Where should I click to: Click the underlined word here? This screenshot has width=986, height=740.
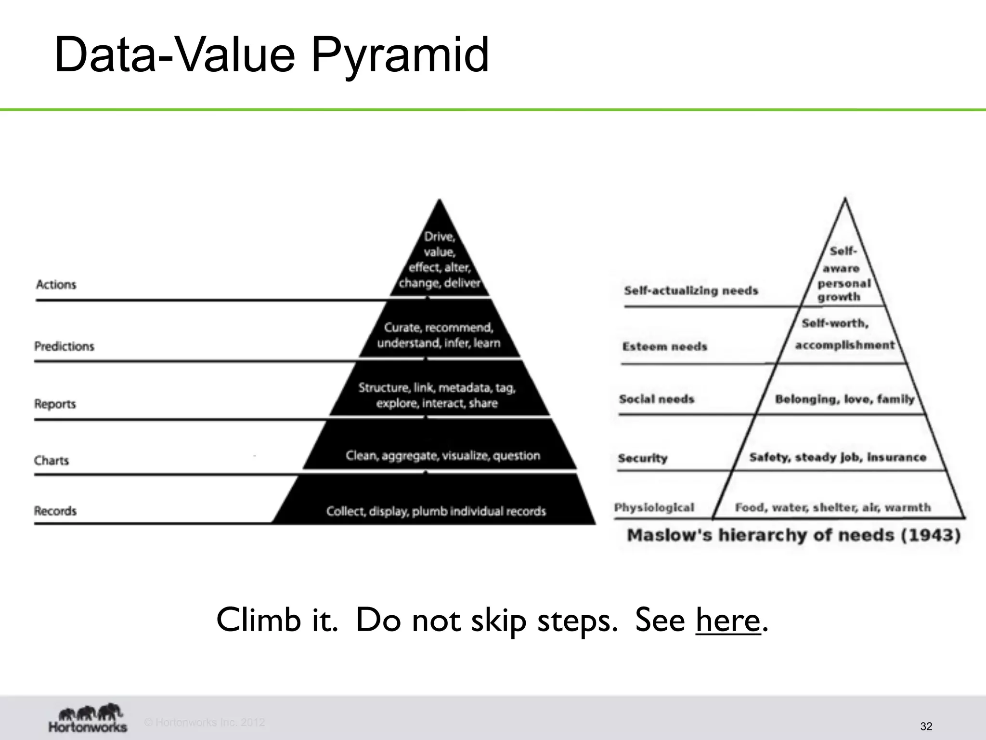click(x=727, y=620)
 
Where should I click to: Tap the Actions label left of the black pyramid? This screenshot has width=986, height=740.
click(x=56, y=285)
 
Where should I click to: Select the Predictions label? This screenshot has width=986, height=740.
click(x=64, y=346)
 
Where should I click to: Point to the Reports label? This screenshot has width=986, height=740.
click(x=55, y=404)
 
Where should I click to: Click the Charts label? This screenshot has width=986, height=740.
click(x=51, y=461)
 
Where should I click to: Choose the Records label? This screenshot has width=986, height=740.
click(x=55, y=511)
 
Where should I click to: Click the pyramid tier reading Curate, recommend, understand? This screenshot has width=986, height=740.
click(x=439, y=335)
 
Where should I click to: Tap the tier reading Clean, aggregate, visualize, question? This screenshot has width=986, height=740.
click(x=442, y=455)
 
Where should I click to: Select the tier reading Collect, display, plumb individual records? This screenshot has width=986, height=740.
click(x=436, y=511)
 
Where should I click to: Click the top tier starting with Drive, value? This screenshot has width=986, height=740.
click(x=439, y=260)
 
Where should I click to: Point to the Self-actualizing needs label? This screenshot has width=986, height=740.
click(x=691, y=291)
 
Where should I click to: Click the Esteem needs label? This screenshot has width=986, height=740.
click(x=664, y=346)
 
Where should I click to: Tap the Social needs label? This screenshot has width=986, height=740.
click(x=657, y=399)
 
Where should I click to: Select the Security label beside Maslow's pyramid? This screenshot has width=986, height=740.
click(x=643, y=458)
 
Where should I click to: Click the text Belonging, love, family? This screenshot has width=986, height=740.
click(x=844, y=399)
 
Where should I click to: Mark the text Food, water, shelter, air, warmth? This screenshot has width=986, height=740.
click(x=832, y=507)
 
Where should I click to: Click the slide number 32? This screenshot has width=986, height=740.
click(x=926, y=727)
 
